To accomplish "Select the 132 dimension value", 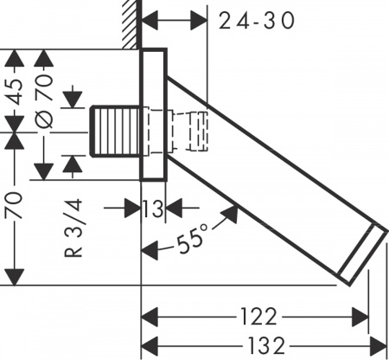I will (258, 344).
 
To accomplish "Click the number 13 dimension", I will (153, 208).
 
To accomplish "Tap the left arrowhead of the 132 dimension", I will (148, 344).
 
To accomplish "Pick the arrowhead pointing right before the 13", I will (134, 208).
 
